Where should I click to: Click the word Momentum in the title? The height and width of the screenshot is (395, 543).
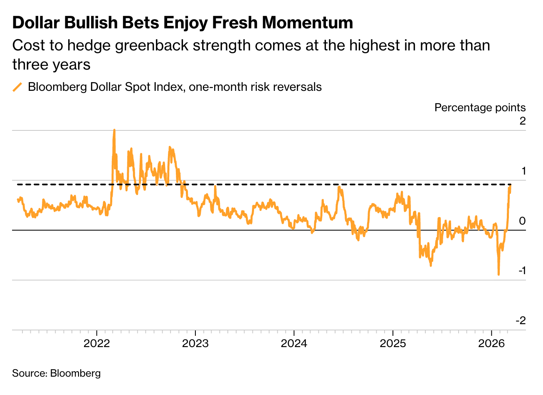click(307, 23)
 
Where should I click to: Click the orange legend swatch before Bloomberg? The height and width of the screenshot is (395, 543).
click(17, 87)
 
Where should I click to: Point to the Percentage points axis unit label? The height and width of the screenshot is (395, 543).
click(480, 107)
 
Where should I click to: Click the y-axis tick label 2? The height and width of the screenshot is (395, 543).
click(522, 121)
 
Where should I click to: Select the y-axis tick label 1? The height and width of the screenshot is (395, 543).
click(523, 171)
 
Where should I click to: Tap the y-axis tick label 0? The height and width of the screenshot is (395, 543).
click(522, 221)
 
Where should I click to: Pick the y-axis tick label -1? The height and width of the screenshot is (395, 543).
click(521, 270)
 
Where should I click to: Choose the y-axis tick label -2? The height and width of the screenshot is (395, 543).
click(521, 320)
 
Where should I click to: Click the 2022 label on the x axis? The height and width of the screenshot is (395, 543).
click(96, 344)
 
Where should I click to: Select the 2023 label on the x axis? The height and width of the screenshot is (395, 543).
click(195, 344)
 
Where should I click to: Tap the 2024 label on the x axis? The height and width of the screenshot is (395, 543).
click(294, 344)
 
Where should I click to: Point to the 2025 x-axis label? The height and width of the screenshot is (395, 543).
click(392, 344)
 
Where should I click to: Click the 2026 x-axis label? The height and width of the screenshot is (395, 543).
click(491, 344)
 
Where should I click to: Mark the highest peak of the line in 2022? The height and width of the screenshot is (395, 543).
click(114, 130)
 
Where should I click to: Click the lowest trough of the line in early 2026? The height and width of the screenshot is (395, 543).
click(499, 275)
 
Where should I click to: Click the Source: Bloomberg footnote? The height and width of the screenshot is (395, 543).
click(56, 373)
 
